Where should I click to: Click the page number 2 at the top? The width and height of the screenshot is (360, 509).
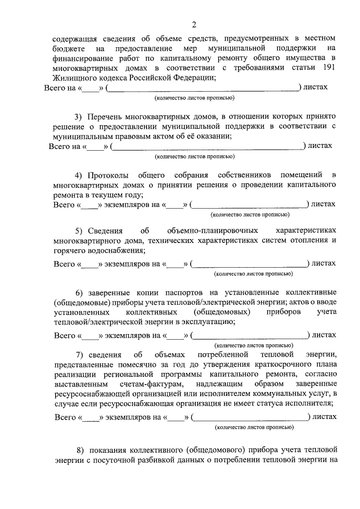194,24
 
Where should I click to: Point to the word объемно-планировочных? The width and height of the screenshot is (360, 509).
213,231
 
